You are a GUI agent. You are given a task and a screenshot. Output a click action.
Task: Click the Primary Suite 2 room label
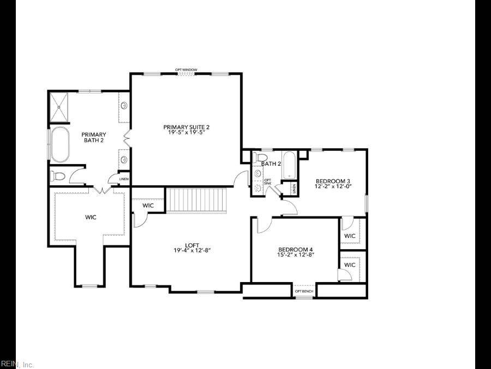point(186,127)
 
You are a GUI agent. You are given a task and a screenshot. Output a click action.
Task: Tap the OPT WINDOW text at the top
point(186,69)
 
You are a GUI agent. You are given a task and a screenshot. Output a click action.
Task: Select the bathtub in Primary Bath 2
point(60,145)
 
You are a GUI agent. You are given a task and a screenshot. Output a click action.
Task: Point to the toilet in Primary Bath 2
point(58,176)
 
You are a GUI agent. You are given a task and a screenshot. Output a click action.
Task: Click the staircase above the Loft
point(196,200)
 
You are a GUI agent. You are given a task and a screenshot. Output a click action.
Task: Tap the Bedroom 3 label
point(332,181)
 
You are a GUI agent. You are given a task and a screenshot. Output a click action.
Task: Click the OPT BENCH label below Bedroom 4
point(304,291)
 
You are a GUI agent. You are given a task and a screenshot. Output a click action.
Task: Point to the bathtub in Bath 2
point(289,166)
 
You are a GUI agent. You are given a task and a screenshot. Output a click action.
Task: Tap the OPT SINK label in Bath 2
point(267,181)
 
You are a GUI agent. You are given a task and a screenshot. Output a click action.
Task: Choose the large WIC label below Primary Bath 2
point(91,217)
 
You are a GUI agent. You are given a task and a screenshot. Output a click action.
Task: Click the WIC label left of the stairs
point(148,206)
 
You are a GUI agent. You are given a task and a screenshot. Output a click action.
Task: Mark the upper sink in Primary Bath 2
point(124,106)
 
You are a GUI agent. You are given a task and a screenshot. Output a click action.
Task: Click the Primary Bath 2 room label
point(93,137)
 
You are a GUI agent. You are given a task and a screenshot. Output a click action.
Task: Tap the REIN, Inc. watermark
point(17,364)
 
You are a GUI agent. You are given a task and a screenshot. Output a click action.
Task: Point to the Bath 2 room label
point(271,163)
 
